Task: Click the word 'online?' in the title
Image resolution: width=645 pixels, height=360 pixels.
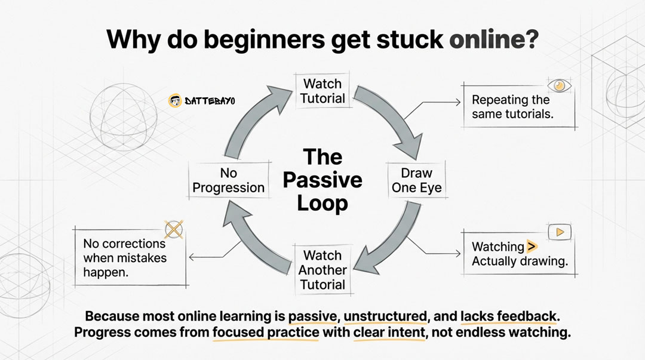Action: [493, 39]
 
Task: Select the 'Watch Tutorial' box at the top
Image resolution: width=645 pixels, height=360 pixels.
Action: [322, 91]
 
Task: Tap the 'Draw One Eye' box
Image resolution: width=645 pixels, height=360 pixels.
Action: [416, 180]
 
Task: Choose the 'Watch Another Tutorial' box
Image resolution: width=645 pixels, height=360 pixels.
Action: [322, 270]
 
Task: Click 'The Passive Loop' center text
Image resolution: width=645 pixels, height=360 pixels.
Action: [322, 180]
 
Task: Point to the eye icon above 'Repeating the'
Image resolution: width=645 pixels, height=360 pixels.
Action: [559, 85]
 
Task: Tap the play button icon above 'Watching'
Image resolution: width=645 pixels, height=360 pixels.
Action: [560, 232]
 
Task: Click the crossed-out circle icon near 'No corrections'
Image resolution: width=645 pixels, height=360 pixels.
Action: [173, 229]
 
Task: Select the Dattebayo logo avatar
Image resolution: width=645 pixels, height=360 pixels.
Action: [175, 101]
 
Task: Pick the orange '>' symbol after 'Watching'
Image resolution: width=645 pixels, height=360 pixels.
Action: [532, 246]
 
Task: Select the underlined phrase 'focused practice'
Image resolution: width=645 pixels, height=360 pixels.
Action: [266, 333]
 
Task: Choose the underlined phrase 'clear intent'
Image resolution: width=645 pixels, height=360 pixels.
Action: [389, 333]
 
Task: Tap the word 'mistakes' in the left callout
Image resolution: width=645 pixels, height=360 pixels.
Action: [142, 259]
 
